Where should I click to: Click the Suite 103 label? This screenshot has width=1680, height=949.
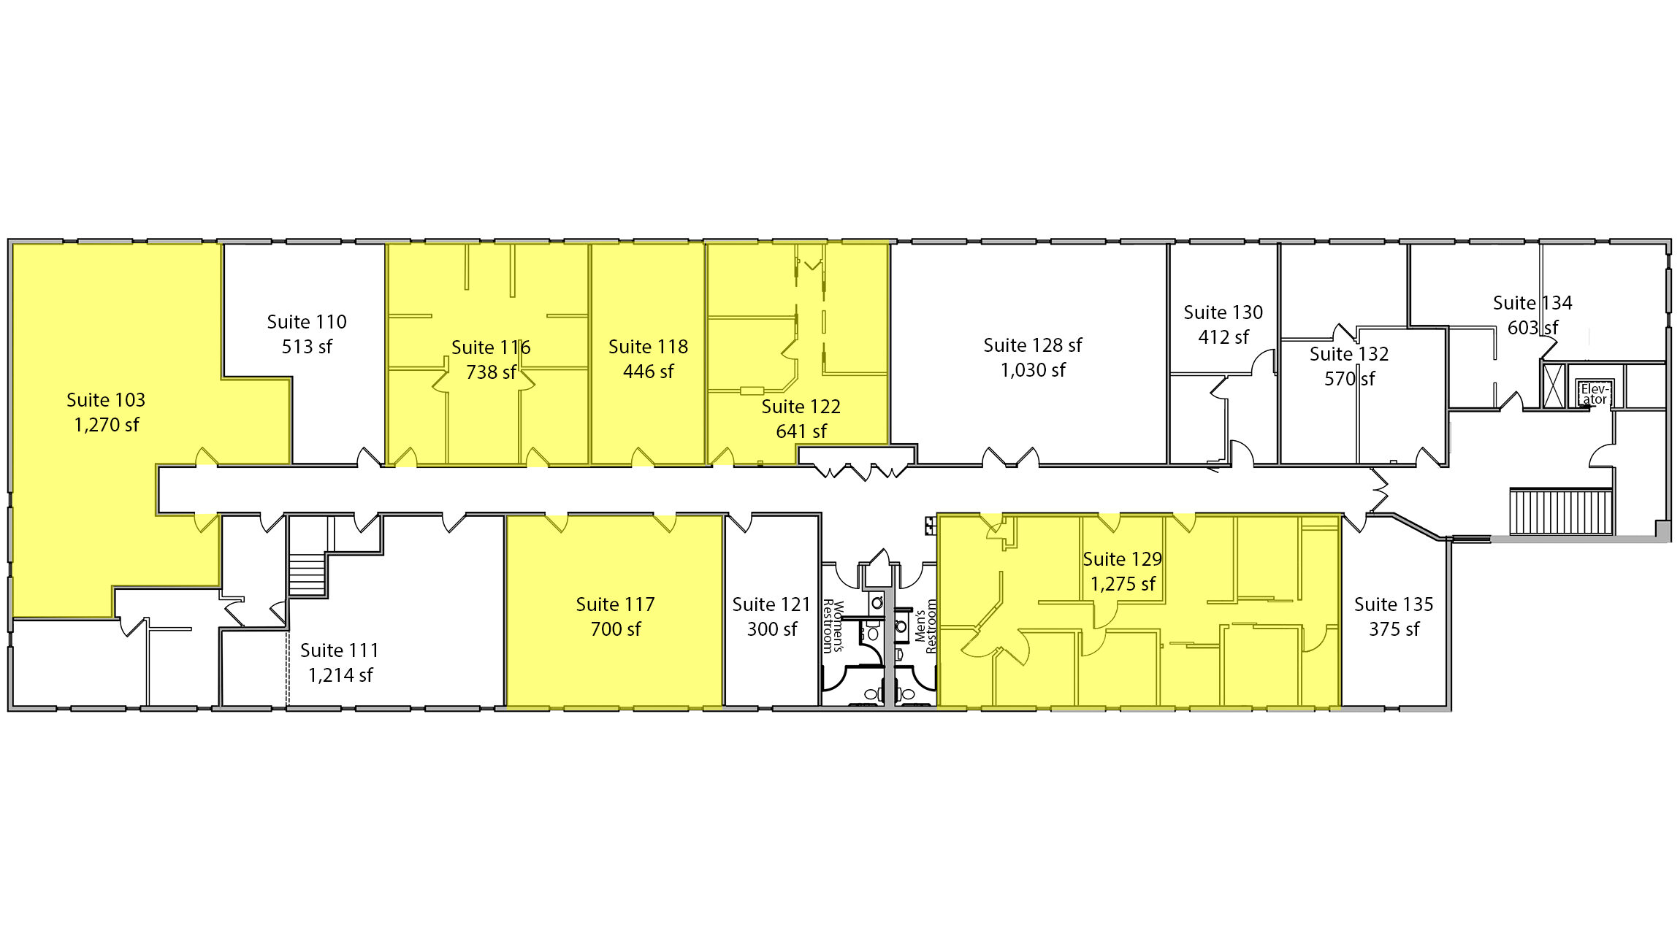tap(106, 400)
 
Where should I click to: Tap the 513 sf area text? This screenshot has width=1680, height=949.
tap(307, 347)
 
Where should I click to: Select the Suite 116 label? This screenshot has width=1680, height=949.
tap(491, 347)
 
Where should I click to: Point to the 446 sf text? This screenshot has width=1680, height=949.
tap(649, 372)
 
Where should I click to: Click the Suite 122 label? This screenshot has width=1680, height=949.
tap(801, 407)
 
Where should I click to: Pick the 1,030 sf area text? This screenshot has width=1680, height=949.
tap(1033, 371)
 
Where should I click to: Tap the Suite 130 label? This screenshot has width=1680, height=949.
tap(1223, 312)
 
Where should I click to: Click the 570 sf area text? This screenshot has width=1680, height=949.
tap(1350, 379)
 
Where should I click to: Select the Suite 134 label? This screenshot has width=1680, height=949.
tap(1532, 303)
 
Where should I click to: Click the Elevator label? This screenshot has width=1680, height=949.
tap(1595, 394)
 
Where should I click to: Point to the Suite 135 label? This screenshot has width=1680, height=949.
tap(1394, 604)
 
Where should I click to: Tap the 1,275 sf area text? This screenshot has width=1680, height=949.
tap(1123, 585)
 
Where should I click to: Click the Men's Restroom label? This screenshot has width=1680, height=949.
tap(925, 626)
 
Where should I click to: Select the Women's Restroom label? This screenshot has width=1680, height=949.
tap(833, 626)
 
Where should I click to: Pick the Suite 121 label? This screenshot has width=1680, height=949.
tap(772, 604)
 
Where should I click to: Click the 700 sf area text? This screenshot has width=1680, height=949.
tap(616, 629)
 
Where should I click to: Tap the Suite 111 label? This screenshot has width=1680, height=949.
tap(340, 650)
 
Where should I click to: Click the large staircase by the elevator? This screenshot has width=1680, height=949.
tap(1561, 512)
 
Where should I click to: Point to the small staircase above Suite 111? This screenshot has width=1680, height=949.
tap(307, 574)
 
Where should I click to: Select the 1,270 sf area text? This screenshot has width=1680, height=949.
tap(107, 426)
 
